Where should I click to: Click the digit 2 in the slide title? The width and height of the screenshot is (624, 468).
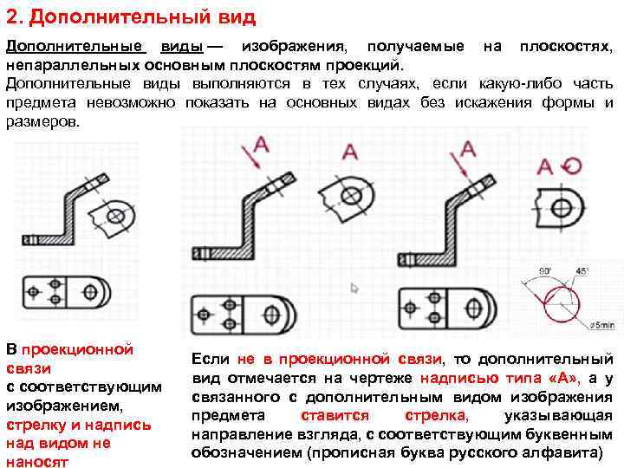(x=12, y=16)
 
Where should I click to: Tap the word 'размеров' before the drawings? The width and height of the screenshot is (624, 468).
(x=42, y=122)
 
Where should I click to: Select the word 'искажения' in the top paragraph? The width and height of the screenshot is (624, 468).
(x=510, y=103)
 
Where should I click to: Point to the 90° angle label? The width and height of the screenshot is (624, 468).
(x=545, y=270)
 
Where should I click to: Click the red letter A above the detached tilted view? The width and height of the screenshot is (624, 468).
(x=350, y=152)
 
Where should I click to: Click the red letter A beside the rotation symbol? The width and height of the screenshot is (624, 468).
(x=545, y=167)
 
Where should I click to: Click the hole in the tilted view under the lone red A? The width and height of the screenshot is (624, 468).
(x=351, y=195)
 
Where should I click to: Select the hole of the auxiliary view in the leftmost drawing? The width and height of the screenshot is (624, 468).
(x=116, y=214)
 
